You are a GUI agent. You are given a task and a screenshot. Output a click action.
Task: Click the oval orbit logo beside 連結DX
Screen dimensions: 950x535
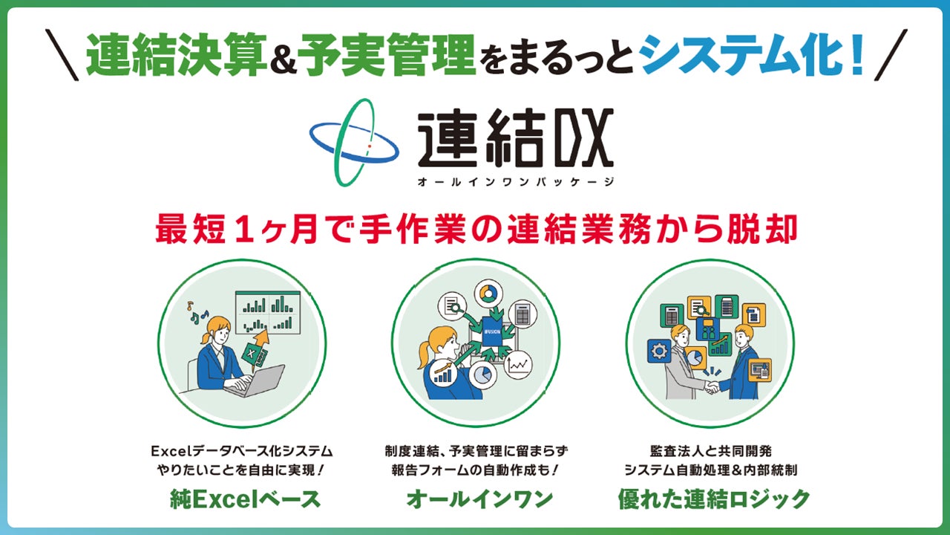pos(354,142)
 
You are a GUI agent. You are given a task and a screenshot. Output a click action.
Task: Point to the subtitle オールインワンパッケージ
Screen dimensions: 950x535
pos(516,182)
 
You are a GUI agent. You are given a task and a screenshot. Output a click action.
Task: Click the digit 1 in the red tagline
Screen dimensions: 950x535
pos(247,229)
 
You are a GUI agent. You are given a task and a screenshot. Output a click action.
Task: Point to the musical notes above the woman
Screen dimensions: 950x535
pos(197,313)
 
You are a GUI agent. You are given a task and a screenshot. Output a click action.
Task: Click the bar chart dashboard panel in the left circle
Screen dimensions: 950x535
pos(268,311)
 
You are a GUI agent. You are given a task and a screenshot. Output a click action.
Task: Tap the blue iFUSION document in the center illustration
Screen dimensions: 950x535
pos(492,331)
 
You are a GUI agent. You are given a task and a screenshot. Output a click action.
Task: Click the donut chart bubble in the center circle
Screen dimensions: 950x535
pos(488,293)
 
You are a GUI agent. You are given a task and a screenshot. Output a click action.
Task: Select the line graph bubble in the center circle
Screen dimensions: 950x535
pos(519,364)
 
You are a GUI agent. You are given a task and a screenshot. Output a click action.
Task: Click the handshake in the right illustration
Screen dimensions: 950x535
pos(712,386)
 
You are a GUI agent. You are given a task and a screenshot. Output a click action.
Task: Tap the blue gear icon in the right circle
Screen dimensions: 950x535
pos(659,351)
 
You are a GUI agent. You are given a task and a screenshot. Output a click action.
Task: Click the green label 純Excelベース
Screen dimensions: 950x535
pos(245,499)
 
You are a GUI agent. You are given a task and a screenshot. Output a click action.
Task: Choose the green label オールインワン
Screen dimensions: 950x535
pos(479,499)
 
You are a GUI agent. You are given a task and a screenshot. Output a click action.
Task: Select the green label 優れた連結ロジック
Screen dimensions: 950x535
pos(714,499)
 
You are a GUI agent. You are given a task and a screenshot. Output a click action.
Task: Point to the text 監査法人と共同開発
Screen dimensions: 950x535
pos(711,450)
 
